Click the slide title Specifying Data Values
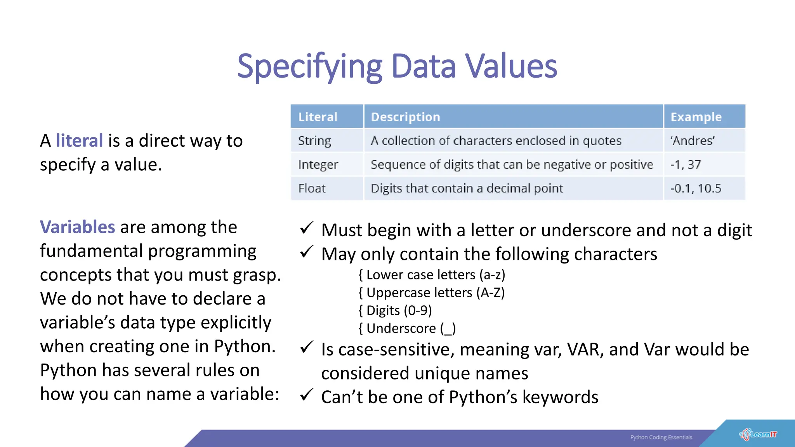pos(397,67)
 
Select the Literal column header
pos(318,117)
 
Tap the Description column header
pos(405,117)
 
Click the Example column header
pos(696,117)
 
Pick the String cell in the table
pos(314,141)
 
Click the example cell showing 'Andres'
pos(693,141)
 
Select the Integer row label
pos(318,165)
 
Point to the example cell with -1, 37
pos(686,165)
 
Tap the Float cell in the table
pos(312,189)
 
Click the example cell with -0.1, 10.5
pos(696,189)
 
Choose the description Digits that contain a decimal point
pos(467,189)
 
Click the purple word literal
pos(79,140)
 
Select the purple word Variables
pos(78,227)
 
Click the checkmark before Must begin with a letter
pos(307,228)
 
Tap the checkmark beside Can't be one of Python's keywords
pos(307,395)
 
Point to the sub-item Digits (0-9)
pos(399,310)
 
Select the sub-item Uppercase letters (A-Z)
pos(435,293)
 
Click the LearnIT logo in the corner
pos(758,435)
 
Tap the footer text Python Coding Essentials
pos(661,437)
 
